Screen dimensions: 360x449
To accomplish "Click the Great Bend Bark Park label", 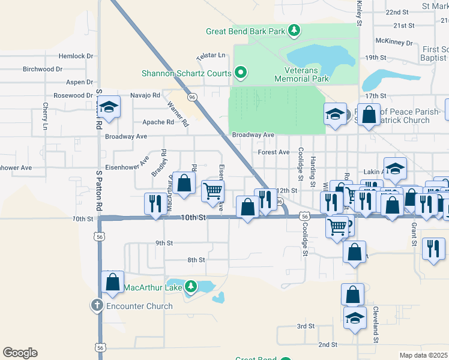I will click(246, 31).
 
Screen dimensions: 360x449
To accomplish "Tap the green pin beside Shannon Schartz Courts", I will click(241, 74).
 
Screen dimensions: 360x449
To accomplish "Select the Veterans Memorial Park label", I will click(302, 74).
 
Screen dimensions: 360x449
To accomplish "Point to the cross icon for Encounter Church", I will click(97, 305).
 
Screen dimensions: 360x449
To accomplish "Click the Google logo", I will click(20, 352).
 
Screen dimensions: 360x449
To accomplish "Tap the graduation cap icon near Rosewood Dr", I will click(109, 108).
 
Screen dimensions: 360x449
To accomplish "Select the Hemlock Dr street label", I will click(76, 56).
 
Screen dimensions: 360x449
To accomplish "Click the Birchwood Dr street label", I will click(43, 69).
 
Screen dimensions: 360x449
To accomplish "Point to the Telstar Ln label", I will click(210, 56).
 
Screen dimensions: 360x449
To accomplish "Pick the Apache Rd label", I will click(158, 122).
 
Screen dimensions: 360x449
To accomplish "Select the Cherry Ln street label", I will click(45, 116).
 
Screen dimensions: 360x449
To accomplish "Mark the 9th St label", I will click(164, 243).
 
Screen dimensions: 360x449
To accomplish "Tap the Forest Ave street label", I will click(274, 152).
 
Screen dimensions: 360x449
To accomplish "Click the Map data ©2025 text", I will click(423, 355).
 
